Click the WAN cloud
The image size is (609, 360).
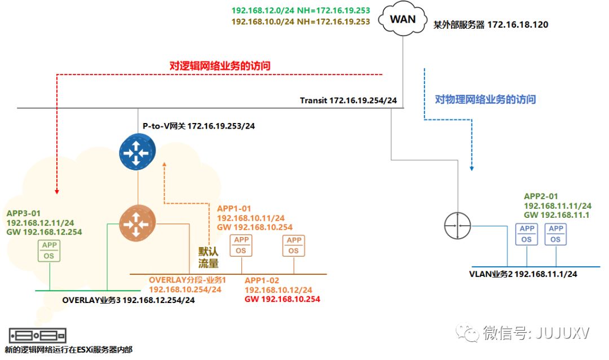(403, 20)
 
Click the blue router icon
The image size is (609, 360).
(137, 152)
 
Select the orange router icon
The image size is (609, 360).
(137, 223)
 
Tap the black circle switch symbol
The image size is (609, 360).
(457, 226)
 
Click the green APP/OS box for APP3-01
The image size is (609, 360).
(49, 251)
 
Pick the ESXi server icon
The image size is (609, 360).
(37, 336)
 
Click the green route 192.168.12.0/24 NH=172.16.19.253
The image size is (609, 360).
(301, 11)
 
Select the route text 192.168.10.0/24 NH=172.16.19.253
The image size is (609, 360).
(301, 22)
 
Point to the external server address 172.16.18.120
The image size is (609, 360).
(518, 24)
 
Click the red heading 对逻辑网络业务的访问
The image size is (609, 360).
(220, 65)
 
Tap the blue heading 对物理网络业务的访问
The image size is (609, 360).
(485, 99)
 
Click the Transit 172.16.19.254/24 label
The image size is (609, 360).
(348, 100)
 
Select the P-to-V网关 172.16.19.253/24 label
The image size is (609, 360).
(199, 126)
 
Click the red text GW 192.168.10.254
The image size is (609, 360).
(283, 299)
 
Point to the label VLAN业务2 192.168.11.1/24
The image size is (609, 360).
(523, 274)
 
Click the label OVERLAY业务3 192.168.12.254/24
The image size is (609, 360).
(129, 300)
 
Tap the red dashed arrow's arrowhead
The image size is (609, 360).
(57, 191)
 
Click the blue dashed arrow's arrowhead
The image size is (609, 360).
(472, 168)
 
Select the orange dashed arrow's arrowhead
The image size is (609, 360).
(164, 165)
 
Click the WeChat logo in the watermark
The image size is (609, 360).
(467, 333)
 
